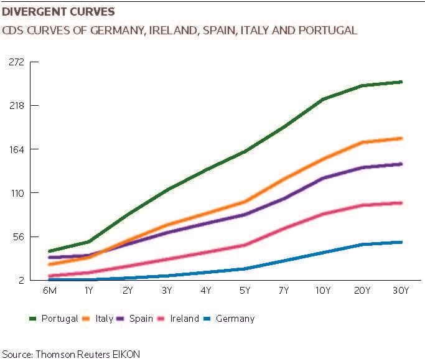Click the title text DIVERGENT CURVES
click(58, 12)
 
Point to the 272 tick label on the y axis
click(17, 62)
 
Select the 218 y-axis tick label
click(17, 105)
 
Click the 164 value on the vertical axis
click(17, 149)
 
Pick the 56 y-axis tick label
click(19, 237)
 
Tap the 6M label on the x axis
click(50, 291)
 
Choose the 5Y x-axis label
click(245, 291)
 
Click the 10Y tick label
click(323, 291)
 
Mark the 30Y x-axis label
click(401, 291)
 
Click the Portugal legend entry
click(54, 319)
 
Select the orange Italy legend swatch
click(86, 319)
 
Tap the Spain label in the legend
click(141, 319)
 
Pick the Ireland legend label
click(184, 319)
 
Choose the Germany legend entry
click(228, 319)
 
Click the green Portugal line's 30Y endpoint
click(401, 82)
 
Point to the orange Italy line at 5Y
click(245, 202)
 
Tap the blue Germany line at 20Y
click(362, 245)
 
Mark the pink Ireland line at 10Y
click(323, 214)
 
